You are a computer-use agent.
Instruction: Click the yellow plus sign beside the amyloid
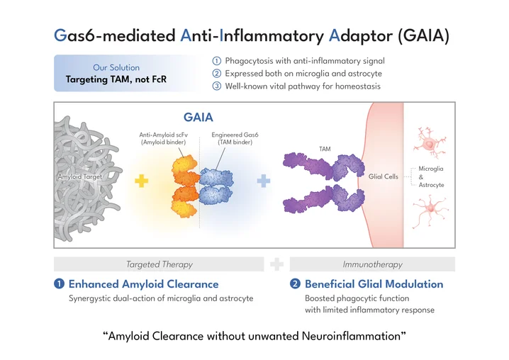[x=142, y=180]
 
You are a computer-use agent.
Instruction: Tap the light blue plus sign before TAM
[x=264, y=180]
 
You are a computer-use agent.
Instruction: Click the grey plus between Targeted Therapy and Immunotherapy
[x=277, y=264]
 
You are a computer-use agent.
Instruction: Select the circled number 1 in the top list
[x=217, y=60]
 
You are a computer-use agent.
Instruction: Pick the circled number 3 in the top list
[x=217, y=86]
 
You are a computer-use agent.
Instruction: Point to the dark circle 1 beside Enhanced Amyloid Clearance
[x=59, y=284]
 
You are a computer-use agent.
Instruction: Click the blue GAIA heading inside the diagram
[x=198, y=117]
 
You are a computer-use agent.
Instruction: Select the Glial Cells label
[x=384, y=176]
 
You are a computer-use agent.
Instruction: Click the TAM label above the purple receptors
[x=325, y=149]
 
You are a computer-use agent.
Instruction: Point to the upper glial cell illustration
[x=432, y=142]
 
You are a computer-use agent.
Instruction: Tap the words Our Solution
[x=116, y=67]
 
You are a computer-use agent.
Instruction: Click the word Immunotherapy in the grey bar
[x=372, y=264]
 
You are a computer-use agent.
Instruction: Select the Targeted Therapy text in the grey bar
[x=159, y=264]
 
